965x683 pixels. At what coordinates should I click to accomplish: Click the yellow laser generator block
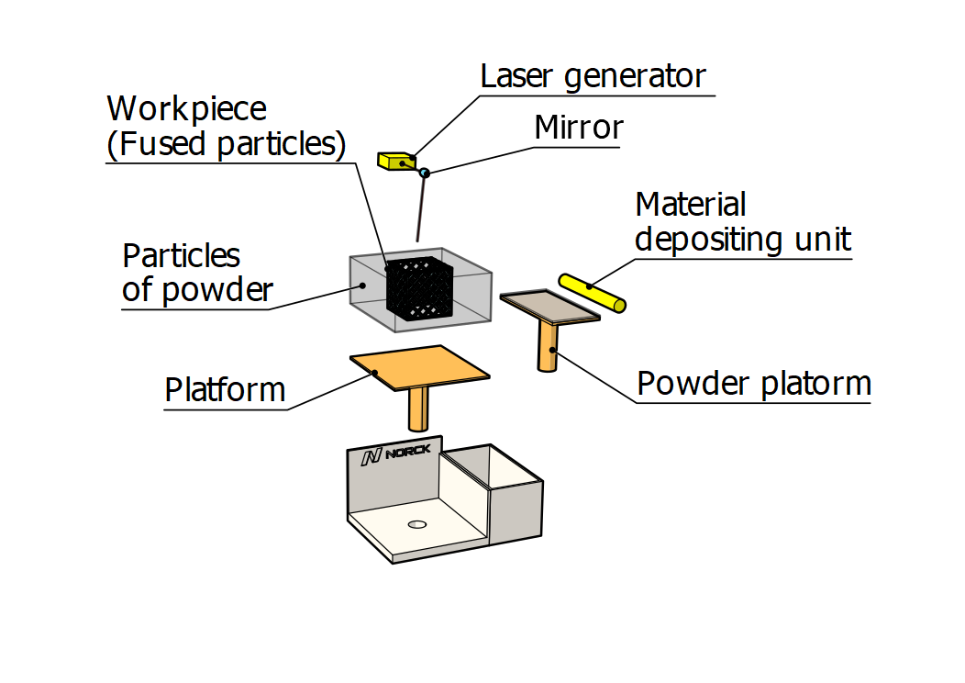(x=395, y=161)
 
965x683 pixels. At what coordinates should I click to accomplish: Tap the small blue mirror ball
(x=424, y=173)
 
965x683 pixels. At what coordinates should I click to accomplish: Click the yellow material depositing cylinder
(x=592, y=294)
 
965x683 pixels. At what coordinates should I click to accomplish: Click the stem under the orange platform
(x=419, y=408)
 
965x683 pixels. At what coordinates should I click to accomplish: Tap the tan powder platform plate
(x=549, y=306)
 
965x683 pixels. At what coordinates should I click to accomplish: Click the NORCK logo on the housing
(x=395, y=455)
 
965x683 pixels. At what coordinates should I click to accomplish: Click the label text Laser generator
(x=593, y=76)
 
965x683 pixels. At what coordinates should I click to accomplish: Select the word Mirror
(x=579, y=128)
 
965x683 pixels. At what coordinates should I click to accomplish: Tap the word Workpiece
(x=187, y=108)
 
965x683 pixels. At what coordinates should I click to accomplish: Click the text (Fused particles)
(x=227, y=143)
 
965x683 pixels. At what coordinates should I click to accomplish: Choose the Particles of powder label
(x=197, y=272)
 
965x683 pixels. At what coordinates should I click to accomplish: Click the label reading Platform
(x=225, y=390)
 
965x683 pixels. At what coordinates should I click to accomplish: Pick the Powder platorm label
(x=753, y=383)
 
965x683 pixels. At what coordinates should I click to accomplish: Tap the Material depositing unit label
(x=743, y=221)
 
